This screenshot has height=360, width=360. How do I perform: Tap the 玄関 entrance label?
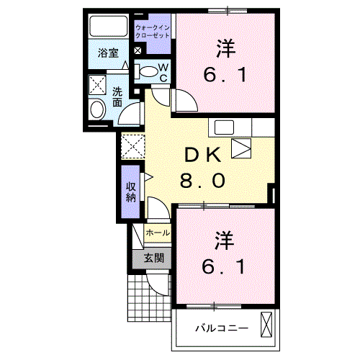(x=153, y=258)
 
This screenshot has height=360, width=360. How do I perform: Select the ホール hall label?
(x=158, y=233)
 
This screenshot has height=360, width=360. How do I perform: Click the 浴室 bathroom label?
(x=109, y=52)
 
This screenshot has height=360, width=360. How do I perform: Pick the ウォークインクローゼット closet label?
(x=152, y=30)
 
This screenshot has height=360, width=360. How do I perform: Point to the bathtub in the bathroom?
(x=109, y=27)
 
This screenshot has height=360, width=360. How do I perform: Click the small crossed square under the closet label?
(x=138, y=50)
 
